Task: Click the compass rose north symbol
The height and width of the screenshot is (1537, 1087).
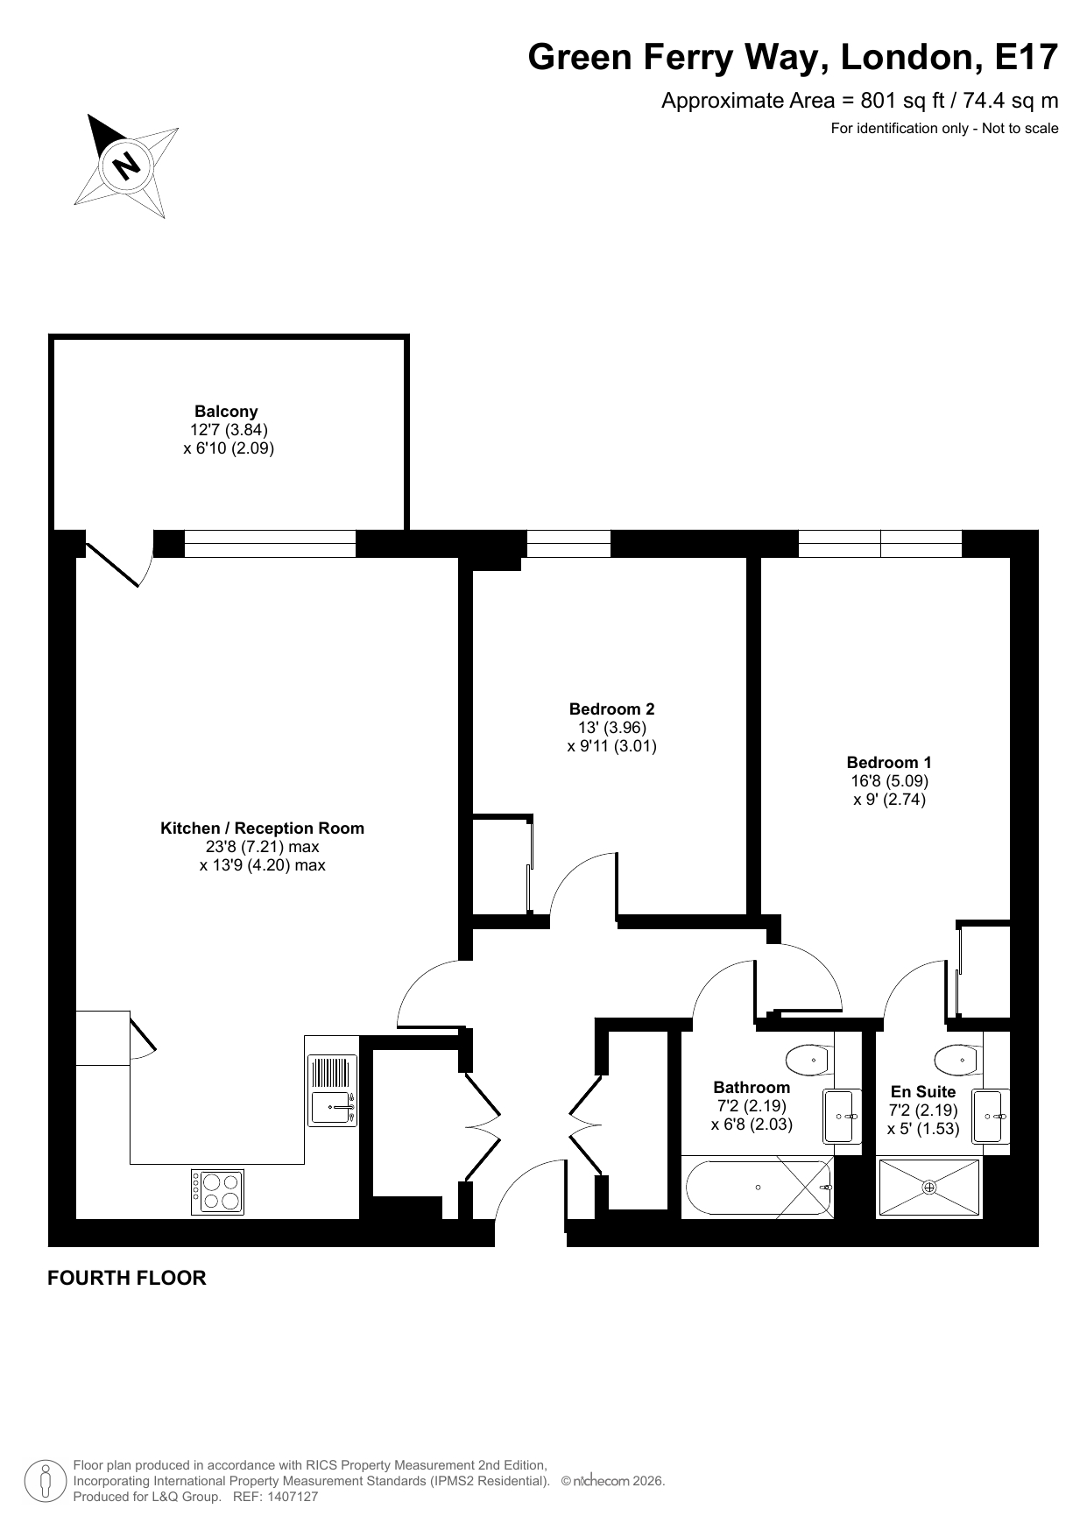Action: coord(128,165)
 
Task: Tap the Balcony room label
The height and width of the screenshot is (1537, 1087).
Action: coord(226,411)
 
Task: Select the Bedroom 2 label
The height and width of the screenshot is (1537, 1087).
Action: coord(611,709)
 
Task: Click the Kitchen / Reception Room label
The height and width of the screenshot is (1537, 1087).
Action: coord(262,828)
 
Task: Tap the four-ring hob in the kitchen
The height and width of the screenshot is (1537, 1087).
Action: coord(218,1192)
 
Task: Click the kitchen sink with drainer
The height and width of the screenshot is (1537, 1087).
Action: coord(332,1090)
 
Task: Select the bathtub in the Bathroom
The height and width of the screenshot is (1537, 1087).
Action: coord(758,1188)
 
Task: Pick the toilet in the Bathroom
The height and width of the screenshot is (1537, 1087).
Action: coord(808,1060)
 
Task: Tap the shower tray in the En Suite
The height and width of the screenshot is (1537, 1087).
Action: coord(929,1188)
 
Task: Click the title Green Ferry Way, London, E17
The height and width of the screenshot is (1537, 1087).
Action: coord(793,57)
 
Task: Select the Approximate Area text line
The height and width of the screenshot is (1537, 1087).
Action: coord(859,101)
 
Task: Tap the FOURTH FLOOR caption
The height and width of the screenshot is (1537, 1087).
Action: coord(127,1278)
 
